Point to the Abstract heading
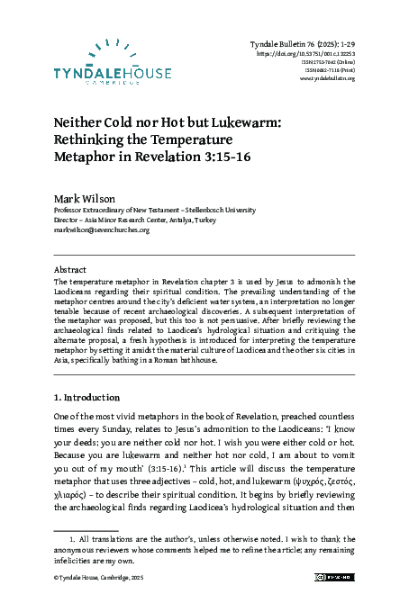[70, 269]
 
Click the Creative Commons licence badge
[332, 577]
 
